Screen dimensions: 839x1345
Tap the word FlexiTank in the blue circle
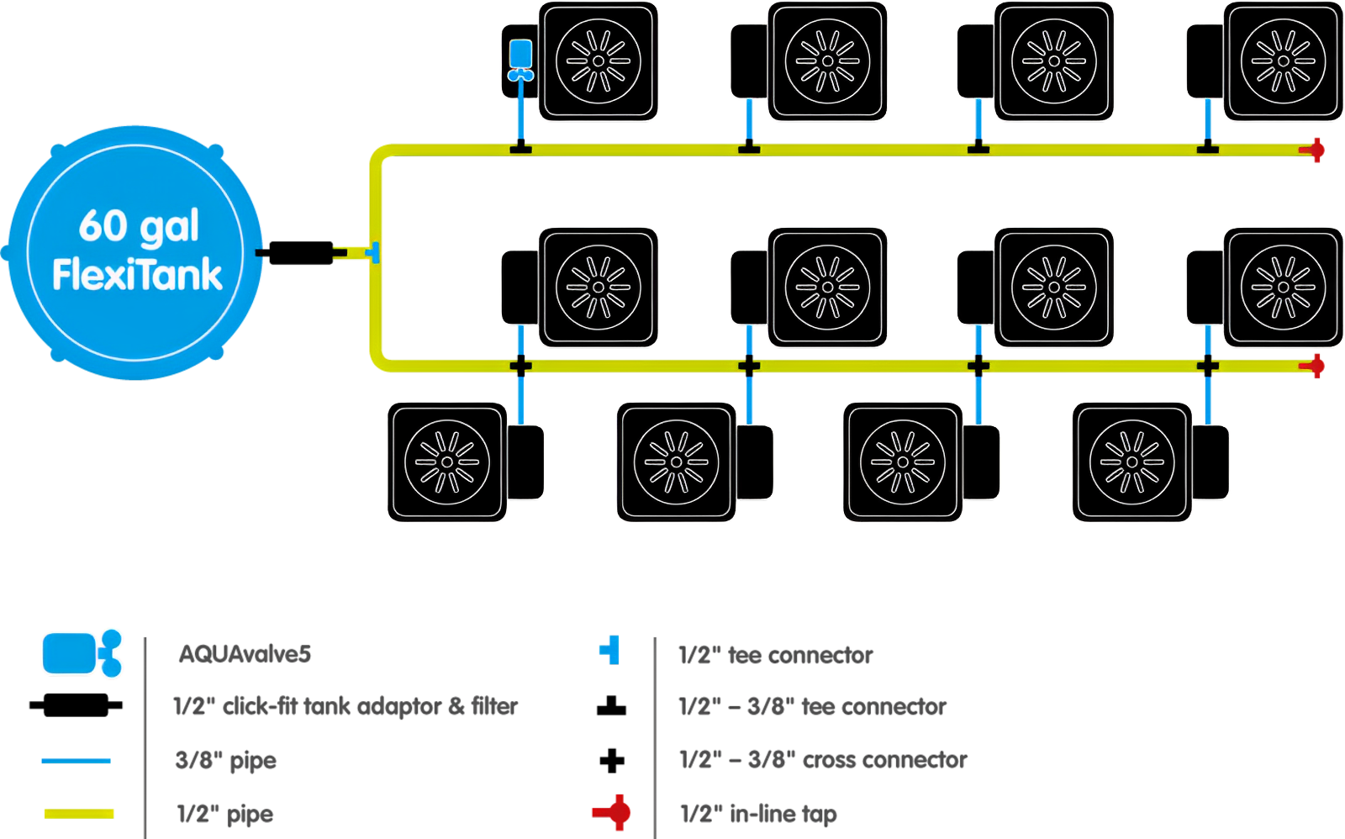click(137, 275)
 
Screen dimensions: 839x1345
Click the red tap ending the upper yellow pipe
click(1314, 150)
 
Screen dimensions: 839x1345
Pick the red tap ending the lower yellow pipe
click(1314, 366)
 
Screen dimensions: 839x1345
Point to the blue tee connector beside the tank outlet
click(374, 252)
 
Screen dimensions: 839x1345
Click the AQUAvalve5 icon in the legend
click(82, 653)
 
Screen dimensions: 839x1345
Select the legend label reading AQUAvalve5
click(245, 654)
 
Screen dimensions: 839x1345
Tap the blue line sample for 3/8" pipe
click(76, 760)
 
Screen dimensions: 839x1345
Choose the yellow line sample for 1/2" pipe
click(79, 813)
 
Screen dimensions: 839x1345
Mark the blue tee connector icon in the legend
click(610, 650)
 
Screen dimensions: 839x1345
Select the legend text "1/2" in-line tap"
click(757, 814)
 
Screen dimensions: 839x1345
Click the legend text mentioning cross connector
click(823, 760)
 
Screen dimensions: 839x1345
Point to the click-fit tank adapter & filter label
click(345, 706)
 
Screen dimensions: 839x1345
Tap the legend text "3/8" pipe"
click(225, 761)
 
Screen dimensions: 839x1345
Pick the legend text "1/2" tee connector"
click(776, 655)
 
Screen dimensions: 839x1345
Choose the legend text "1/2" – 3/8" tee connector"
click(812, 707)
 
